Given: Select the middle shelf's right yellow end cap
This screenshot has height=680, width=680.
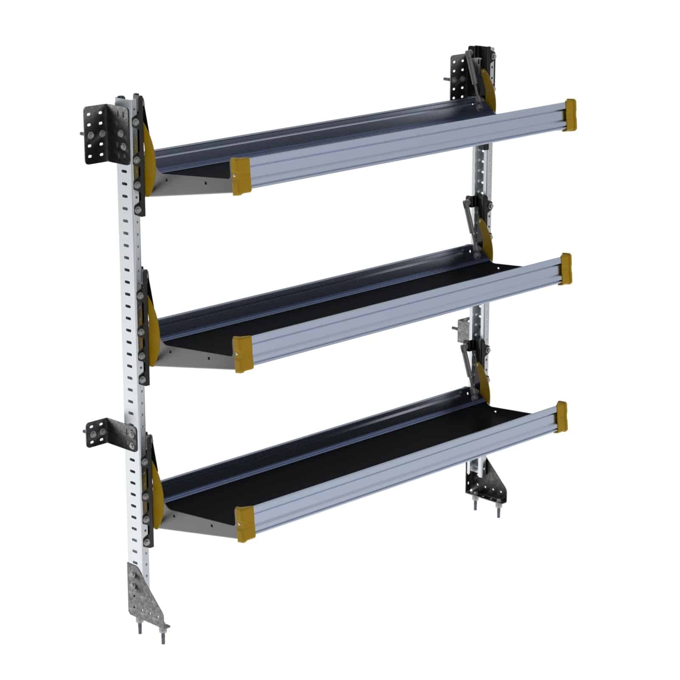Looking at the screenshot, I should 566,269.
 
